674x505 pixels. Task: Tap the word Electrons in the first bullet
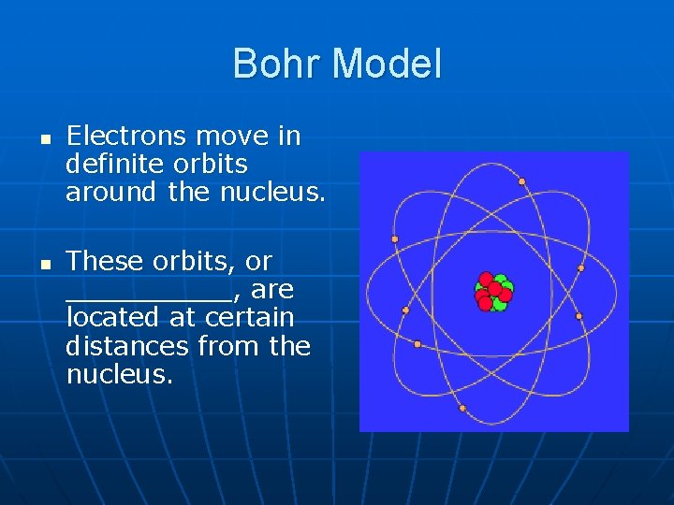tap(126, 137)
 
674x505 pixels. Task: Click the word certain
tap(250, 317)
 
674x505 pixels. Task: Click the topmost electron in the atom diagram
tap(521, 181)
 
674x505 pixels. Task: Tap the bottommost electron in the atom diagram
tap(462, 408)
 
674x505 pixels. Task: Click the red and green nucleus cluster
tap(493, 291)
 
